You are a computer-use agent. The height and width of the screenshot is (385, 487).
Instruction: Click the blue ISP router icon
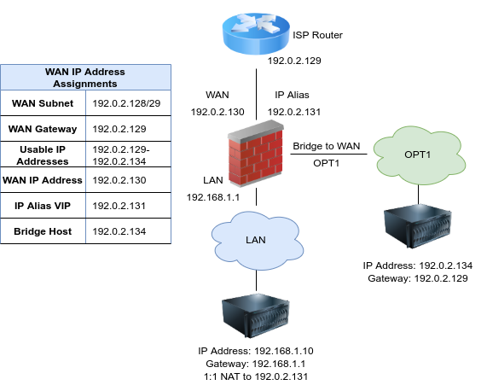pyautogui.click(x=256, y=33)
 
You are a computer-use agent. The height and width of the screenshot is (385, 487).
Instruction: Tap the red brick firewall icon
pyautogui.click(x=256, y=154)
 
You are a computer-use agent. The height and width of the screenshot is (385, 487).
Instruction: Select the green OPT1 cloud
pyautogui.click(x=419, y=155)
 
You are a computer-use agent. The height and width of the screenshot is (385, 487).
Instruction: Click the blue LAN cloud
pyautogui.click(x=258, y=241)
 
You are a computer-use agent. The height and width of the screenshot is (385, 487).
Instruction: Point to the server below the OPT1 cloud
pyautogui.click(x=418, y=226)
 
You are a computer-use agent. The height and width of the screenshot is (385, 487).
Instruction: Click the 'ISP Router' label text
pyautogui.click(x=317, y=35)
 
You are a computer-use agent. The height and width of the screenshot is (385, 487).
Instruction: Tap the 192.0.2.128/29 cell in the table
pyautogui.click(x=126, y=103)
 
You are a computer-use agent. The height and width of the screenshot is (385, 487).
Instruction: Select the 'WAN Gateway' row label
pyautogui.click(x=43, y=129)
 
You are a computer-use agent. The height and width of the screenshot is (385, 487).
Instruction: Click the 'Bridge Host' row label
pyautogui.click(x=43, y=231)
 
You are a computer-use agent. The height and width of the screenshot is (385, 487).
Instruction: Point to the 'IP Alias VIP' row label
pyautogui.click(x=43, y=206)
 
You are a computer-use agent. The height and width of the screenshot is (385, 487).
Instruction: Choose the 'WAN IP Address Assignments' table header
pyautogui.click(x=85, y=78)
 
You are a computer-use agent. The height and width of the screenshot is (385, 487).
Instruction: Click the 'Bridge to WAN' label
pyautogui.click(x=327, y=146)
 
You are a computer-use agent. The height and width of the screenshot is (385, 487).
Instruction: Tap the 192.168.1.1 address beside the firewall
pyautogui.click(x=213, y=197)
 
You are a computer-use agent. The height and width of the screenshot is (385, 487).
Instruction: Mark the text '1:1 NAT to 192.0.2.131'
pyautogui.click(x=256, y=376)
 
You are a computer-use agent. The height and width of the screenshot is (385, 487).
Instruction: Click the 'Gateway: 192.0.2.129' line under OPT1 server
pyautogui.click(x=418, y=278)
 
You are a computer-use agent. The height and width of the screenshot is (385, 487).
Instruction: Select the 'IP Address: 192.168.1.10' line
pyautogui.click(x=256, y=351)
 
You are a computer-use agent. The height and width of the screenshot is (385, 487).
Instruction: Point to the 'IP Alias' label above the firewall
pyautogui.click(x=292, y=95)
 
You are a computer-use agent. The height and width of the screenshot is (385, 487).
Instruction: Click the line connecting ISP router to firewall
pyautogui.click(x=256, y=94)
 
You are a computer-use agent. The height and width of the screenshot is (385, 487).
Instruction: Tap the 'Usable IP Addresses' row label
pyautogui.click(x=43, y=155)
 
